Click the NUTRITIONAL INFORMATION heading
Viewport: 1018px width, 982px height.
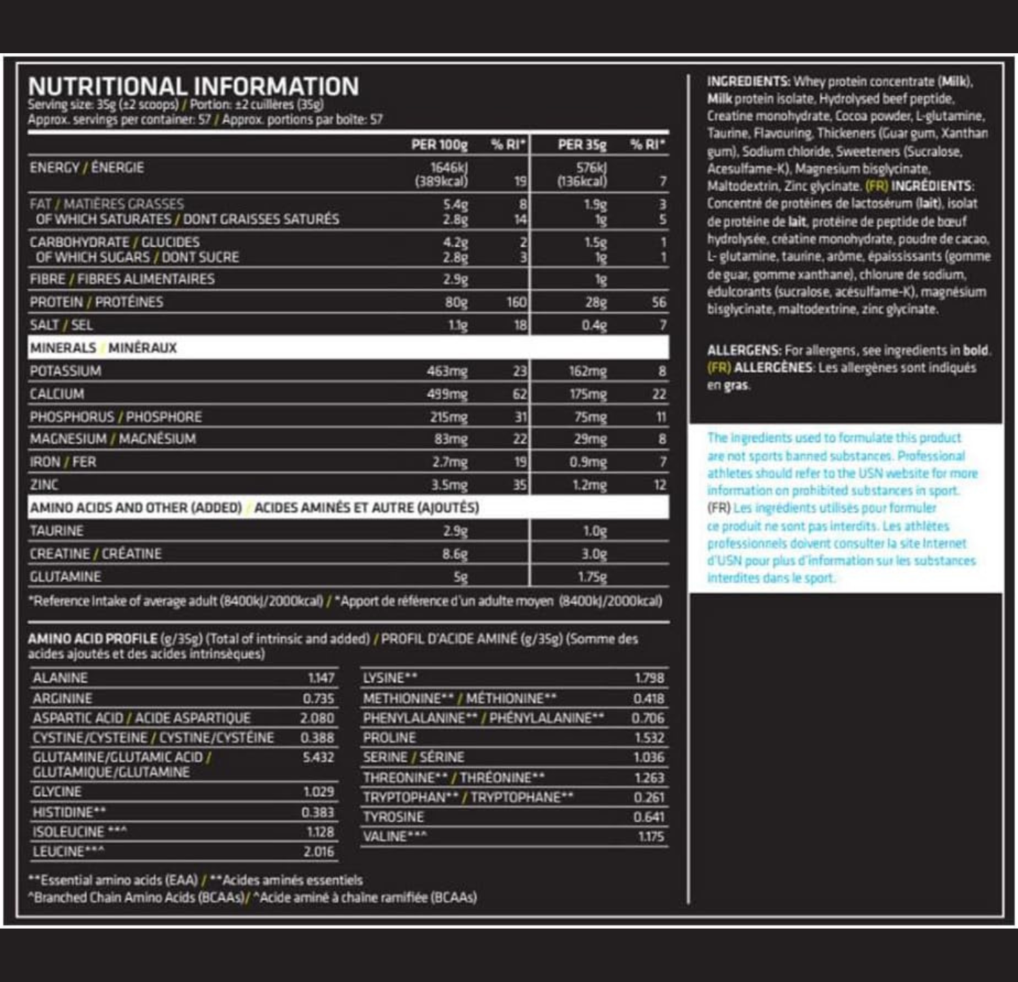click(193, 87)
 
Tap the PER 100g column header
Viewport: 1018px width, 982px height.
click(439, 145)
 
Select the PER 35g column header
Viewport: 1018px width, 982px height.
click(582, 145)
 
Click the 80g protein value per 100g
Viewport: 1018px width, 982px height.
click(456, 302)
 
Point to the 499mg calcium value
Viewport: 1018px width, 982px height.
click(447, 394)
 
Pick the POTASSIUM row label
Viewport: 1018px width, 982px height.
click(66, 371)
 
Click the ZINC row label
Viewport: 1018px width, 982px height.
click(44, 485)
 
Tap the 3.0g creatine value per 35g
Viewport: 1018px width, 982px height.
click(593, 554)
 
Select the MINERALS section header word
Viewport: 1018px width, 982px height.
click(63, 348)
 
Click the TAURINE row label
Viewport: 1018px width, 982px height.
click(57, 531)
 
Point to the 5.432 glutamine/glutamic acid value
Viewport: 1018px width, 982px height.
click(318, 757)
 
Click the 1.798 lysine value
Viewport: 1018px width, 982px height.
click(649, 678)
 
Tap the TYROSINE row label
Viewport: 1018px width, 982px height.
click(393, 817)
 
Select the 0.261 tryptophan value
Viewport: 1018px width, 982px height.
click(649, 797)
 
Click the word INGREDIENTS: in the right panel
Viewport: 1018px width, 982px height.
click(748, 82)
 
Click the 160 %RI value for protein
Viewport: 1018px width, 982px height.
click(516, 302)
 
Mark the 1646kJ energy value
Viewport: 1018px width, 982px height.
click(449, 167)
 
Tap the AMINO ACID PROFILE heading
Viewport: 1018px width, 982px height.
click(92, 639)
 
